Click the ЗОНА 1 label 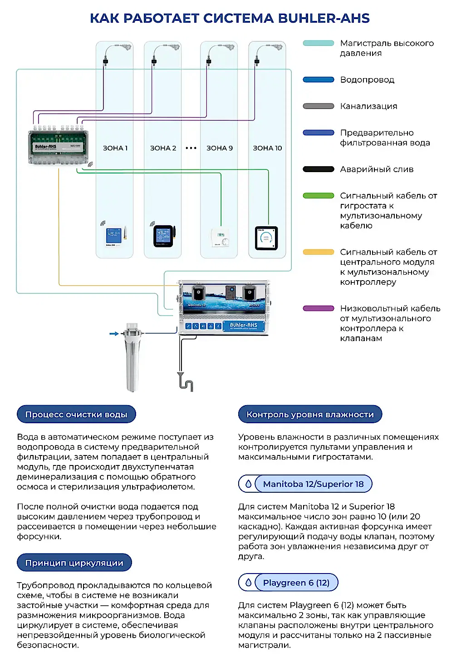click(115, 148)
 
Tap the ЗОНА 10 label click(267, 148)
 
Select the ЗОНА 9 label click(220, 148)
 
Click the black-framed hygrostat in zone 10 click(266, 238)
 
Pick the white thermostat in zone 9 click(220, 237)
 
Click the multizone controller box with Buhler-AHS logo click(58, 147)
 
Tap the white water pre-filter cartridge click(132, 356)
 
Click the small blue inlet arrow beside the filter click(113, 334)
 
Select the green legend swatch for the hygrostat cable click(319, 196)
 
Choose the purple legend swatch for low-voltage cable click(319, 308)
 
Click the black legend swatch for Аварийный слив click(319, 169)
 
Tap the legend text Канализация click(368, 106)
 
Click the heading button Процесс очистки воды click(76, 414)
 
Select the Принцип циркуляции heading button click(74, 563)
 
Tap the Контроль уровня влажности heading click(310, 414)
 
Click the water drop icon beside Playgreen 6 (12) click(248, 582)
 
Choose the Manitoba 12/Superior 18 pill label click(313, 484)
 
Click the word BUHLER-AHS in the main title click(324, 18)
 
